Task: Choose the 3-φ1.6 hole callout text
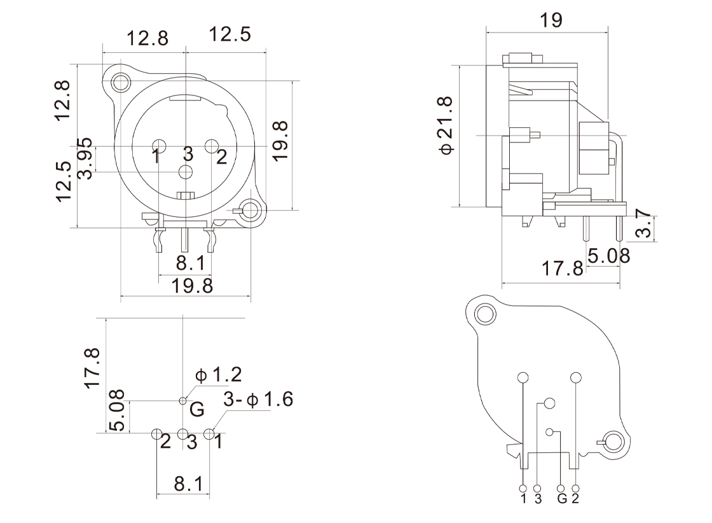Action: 258,400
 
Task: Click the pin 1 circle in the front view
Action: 158,146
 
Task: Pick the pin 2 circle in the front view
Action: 212,146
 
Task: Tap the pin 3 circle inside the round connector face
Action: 186,172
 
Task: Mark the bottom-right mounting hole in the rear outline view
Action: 614,441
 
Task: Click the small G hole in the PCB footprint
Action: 184,401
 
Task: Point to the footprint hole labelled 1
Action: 209,434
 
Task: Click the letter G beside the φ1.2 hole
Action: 198,409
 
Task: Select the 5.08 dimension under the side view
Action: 608,256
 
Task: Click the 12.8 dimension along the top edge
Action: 147,38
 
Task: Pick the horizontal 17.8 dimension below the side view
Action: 562,268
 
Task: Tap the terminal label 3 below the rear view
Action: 538,498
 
